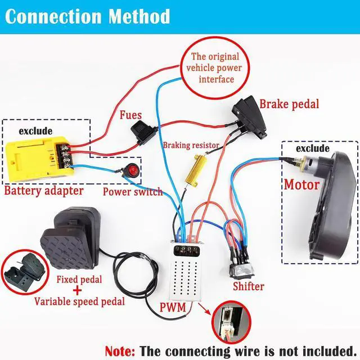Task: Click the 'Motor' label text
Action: pos(301,184)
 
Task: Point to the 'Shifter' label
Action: pos(248,286)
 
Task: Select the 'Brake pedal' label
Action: pos(289,103)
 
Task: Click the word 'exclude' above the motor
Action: pos(312,148)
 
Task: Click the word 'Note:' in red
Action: pos(120,350)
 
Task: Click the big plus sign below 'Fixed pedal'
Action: pos(78,290)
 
